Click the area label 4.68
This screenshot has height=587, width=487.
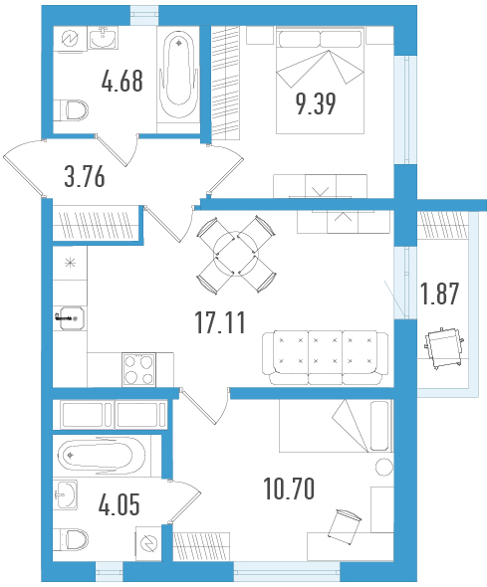click(122, 82)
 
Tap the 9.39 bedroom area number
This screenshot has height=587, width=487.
click(316, 103)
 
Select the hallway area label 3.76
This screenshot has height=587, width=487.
click(85, 177)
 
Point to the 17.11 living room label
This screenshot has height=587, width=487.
click(220, 322)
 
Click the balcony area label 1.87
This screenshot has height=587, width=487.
click(439, 293)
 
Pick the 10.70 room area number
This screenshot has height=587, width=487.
click(289, 489)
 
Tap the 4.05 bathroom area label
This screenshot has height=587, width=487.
click(120, 504)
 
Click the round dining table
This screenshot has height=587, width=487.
click(236, 254)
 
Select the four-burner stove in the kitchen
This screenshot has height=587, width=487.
click(139, 370)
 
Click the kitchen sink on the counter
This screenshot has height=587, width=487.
click(71, 318)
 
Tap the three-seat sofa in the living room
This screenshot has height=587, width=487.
click(326, 357)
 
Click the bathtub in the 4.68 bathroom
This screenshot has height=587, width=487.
click(178, 75)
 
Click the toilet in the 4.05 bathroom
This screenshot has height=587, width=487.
click(71, 540)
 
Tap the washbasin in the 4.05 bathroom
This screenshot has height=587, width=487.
click(66, 494)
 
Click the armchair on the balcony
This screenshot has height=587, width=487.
click(444, 347)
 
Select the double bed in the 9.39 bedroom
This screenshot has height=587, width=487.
click(321, 81)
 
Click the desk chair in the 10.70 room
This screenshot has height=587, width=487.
click(345, 526)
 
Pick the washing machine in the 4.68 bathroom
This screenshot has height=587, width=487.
click(70, 38)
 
